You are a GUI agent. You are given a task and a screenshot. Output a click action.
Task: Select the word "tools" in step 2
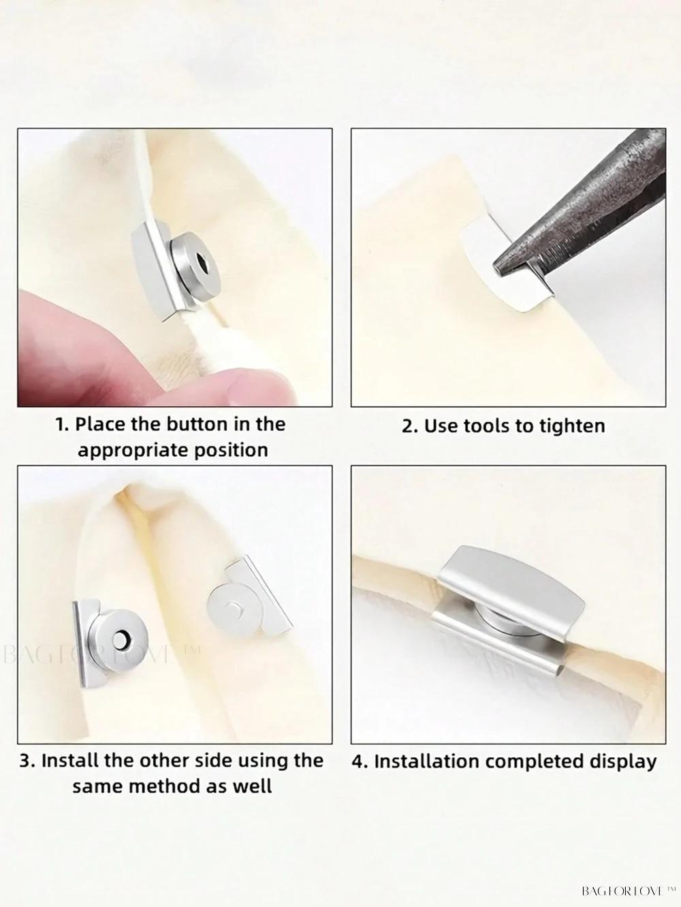(x=492, y=426)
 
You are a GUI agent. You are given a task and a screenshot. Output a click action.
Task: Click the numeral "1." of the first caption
(x=63, y=425)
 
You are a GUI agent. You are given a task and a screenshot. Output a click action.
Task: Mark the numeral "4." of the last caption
(x=360, y=761)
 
